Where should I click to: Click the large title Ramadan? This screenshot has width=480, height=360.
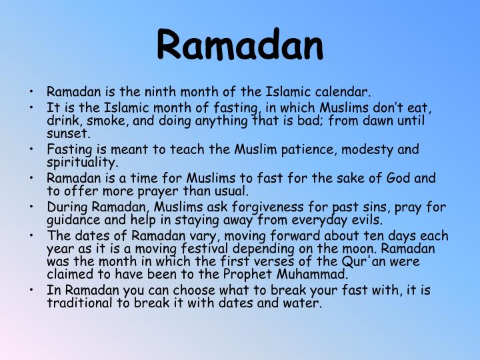[240, 44]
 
